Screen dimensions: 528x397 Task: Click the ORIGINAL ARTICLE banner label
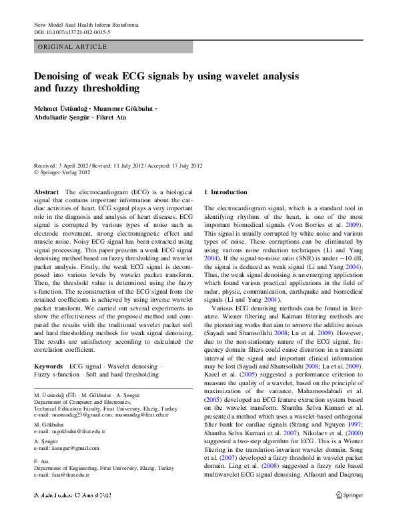click(x=73, y=47)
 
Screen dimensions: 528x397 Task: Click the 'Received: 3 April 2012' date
click(x=64, y=166)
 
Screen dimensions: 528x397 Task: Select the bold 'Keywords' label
click(x=49, y=366)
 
